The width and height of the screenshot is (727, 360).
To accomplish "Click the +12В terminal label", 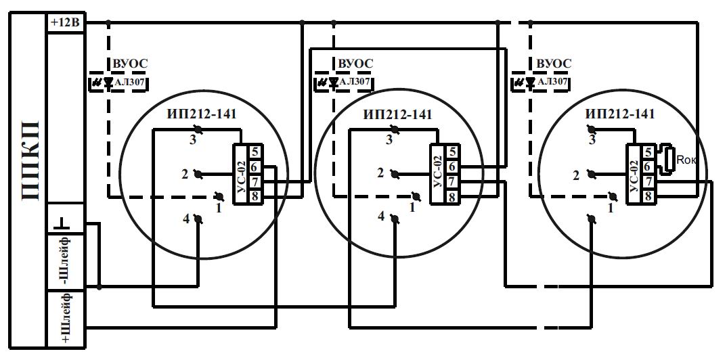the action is (x=66, y=23).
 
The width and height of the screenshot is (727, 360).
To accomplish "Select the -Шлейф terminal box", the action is (x=66, y=261).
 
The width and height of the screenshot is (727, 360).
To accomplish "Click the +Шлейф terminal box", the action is (x=66, y=319).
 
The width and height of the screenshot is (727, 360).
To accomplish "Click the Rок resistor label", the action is (x=686, y=160).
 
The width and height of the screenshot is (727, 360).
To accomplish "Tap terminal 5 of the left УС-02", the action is (x=255, y=152).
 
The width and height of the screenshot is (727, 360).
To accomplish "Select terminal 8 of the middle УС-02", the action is (x=451, y=196).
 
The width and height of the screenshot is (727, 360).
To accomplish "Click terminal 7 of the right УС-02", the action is (x=648, y=181).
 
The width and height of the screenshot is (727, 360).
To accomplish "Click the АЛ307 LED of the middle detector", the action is (x=333, y=83).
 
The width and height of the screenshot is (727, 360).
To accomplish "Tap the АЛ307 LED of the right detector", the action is (x=531, y=83).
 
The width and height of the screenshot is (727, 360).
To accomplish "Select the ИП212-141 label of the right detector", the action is (x=620, y=114).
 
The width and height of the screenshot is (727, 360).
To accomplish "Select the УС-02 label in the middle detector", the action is (x=438, y=174).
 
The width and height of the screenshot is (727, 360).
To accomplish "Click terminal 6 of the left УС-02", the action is (x=255, y=166).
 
